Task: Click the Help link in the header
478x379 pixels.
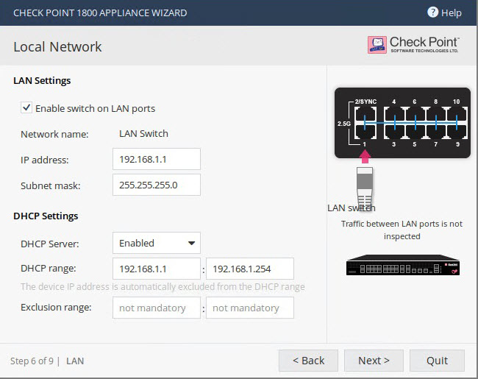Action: pos(444,13)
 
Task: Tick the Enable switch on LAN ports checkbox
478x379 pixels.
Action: pos(26,107)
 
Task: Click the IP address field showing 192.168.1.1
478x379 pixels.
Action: pos(157,159)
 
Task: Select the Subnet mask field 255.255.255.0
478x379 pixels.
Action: pos(157,185)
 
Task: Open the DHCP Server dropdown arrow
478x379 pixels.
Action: pos(191,243)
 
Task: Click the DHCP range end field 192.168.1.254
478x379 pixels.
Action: pos(250,269)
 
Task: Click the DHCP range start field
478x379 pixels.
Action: pos(157,269)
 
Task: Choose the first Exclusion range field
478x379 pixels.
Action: pos(157,308)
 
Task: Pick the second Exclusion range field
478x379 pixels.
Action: pos(250,308)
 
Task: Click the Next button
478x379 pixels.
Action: pos(374,361)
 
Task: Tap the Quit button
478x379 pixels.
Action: pos(437,361)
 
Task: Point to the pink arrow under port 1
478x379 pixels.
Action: pos(365,157)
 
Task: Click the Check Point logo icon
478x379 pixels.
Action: pos(377,45)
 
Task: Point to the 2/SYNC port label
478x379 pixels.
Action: pos(365,102)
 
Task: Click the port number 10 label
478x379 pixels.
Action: pos(456,102)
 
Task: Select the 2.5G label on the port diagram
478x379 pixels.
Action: pos(344,124)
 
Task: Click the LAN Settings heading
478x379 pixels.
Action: pos(42,80)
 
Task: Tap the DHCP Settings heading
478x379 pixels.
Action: pos(46,216)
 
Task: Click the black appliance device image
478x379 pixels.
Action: pos(403,265)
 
